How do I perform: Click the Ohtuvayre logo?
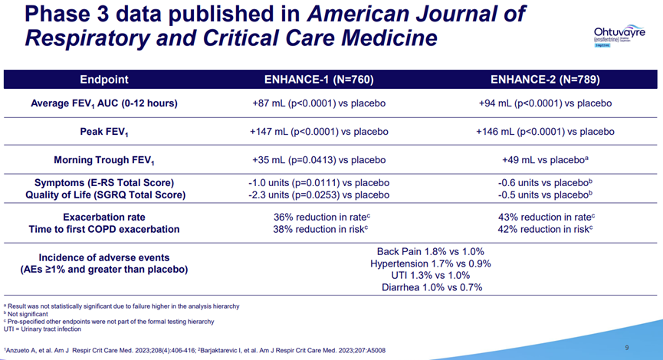tap(618, 35)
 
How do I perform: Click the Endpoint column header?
tap(104, 80)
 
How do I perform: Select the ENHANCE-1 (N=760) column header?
tap(318, 80)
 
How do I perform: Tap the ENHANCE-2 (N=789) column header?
tap(545, 80)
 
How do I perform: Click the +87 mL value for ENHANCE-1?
tap(318, 103)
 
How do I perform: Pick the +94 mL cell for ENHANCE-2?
tap(545, 103)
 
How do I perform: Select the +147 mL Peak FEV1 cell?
tap(318, 132)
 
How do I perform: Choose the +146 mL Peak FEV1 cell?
tap(545, 132)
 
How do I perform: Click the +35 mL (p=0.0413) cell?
tap(318, 160)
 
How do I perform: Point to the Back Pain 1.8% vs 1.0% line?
tap(431, 251)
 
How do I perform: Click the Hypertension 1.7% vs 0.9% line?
tap(431, 263)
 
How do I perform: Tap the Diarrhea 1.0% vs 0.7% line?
tap(431, 287)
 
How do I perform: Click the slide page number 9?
tap(627, 348)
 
